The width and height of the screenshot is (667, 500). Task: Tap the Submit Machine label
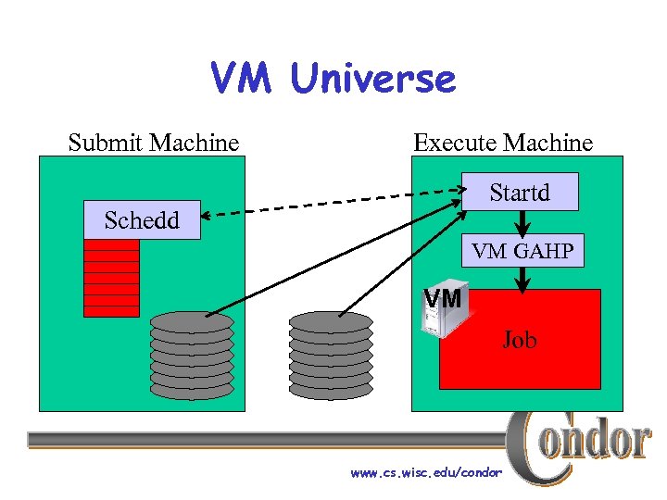[154, 143]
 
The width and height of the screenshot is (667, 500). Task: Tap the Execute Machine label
[503, 143]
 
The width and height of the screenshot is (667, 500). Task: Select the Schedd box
[142, 220]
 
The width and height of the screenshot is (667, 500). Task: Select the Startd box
[520, 192]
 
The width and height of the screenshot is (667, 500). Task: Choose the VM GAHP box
[522, 250]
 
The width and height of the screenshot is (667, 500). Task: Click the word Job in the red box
[520, 340]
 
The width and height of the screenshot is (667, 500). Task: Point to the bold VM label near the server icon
[443, 299]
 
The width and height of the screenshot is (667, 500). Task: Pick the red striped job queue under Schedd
[111, 278]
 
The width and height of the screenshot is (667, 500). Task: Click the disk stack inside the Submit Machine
[192, 356]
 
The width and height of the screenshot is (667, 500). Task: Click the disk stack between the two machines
[331, 356]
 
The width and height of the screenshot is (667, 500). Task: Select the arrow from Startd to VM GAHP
[523, 222]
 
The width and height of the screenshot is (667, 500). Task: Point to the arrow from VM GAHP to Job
[523, 279]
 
